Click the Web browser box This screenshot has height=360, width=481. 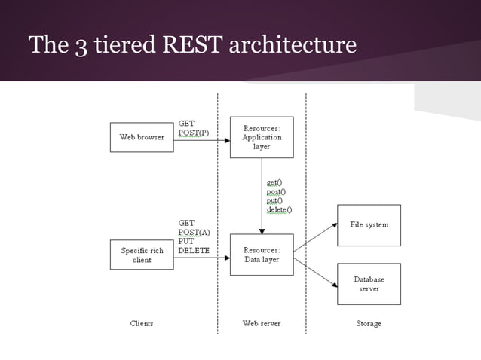pyautogui.click(x=142, y=137)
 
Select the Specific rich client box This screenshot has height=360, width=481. pyautogui.click(x=142, y=255)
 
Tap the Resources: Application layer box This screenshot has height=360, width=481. pyautogui.click(x=262, y=138)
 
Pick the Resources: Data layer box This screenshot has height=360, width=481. pyautogui.click(x=262, y=255)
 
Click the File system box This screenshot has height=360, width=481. pyautogui.click(x=369, y=224)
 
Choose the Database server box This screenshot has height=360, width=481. pyautogui.click(x=369, y=284)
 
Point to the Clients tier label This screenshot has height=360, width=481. pyautogui.click(x=142, y=323)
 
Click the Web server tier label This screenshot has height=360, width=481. pyautogui.click(x=262, y=323)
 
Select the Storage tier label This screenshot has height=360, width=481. pyautogui.click(x=369, y=323)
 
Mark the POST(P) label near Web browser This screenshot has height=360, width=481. pyautogui.click(x=193, y=133)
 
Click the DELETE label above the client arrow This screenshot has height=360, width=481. pyautogui.click(x=194, y=250)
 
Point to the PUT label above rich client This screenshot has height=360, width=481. pyautogui.click(x=185, y=241)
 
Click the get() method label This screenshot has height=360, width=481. pyautogui.click(x=274, y=182)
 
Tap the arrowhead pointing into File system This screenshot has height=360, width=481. pyautogui.click(x=333, y=224)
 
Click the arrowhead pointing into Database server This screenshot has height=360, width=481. pyautogui.click(x=333, y=285)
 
